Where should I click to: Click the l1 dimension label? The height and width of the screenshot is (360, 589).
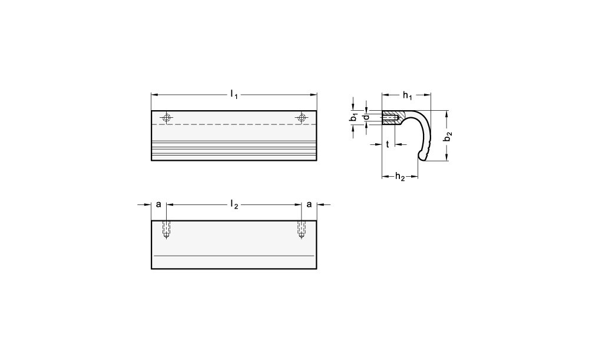234,94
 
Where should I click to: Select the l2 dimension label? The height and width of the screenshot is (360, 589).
234,204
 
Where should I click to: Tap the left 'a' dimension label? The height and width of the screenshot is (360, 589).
158,204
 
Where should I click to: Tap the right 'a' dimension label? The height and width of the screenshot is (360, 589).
309,204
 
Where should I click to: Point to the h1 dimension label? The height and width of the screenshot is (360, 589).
408,95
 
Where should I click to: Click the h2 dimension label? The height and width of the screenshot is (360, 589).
400,176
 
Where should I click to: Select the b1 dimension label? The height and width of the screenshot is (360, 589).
353,117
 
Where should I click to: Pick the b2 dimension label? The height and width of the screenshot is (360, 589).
448,137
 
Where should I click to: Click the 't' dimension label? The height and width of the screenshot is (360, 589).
388,144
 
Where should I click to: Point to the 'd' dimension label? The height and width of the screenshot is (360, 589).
366,117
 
